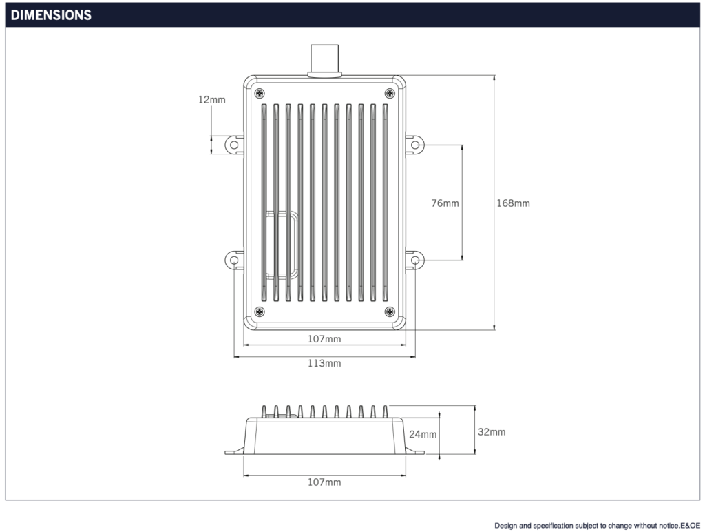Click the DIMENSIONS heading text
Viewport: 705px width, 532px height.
(x=51, y=15)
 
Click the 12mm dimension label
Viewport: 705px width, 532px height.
(x=211, y=100)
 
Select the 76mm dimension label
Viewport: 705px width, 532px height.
(x=445, y=203)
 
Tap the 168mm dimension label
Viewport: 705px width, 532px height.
(x=514, y=203)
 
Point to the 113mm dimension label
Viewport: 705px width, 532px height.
(x=324, y=363)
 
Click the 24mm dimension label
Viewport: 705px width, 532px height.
(x=423, y=434)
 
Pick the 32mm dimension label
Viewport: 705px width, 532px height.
(x=492, y=432)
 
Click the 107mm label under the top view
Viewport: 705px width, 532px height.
(x=324, y=339)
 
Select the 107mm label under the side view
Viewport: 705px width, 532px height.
(x=324, y=482)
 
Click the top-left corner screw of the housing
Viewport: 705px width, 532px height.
(x=259, y=93)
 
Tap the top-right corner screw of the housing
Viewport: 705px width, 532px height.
(x=389, y=93)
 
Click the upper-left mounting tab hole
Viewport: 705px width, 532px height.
(x=234, y=145)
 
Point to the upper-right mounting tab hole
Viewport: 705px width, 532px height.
(x=415, y=145)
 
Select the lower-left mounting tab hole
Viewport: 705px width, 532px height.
(x=234, y=260)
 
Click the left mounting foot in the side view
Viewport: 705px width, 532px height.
(x=234, y=451)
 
